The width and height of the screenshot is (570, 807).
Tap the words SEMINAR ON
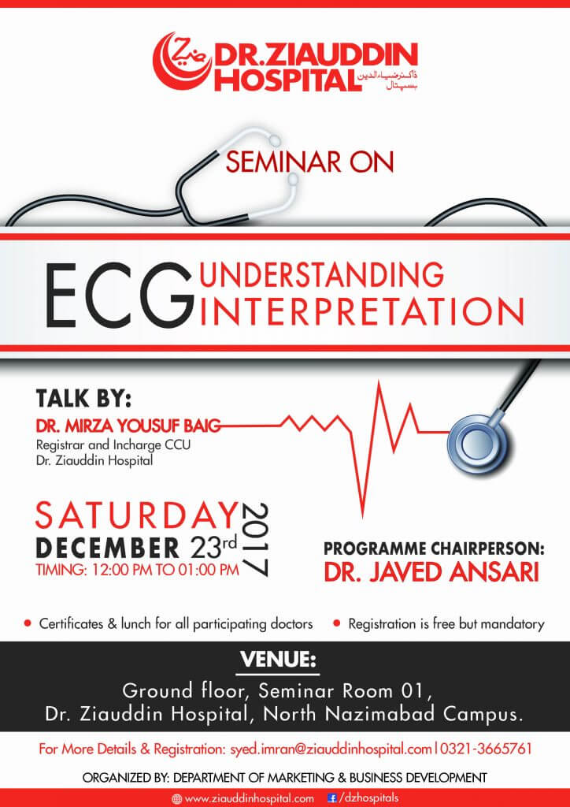[309, 162]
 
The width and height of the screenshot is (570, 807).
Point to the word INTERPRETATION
[361, 311]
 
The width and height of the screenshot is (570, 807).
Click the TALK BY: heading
[83, 399]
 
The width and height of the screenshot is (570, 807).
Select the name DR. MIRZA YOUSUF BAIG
[128, 426]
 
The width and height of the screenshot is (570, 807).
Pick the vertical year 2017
[255, 539]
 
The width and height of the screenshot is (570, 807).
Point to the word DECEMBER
[107, 548]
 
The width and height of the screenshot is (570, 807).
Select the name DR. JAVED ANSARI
[431, 572]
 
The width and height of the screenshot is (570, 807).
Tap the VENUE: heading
[278, 660]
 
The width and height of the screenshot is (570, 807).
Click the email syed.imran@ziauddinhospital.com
[330, 749]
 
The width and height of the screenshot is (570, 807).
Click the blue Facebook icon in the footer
[331, 798]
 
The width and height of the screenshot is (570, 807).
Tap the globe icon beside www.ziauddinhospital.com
[177, 799]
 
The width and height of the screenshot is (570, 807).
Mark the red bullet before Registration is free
[337, 623]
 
